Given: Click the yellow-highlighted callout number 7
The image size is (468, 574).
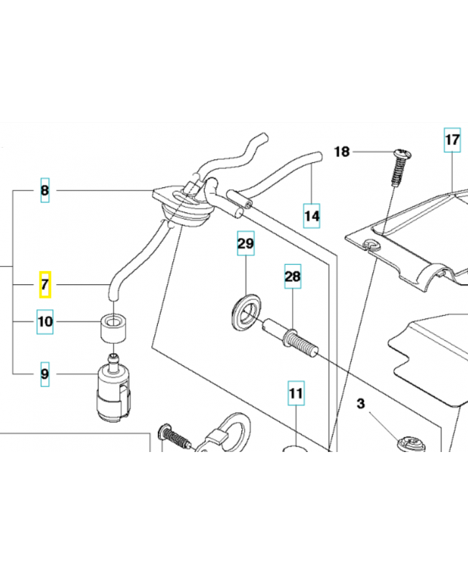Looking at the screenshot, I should coord(45,286).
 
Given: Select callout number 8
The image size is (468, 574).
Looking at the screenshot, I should coord(45,191).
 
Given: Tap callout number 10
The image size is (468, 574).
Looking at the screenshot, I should coord(45,322).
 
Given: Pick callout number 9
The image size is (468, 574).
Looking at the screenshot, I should coord(45,373).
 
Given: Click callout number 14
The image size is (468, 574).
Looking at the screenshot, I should coord(311,215).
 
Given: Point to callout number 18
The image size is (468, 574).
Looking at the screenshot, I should coord(342,152).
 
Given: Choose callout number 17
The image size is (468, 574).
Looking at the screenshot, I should coord(451,140).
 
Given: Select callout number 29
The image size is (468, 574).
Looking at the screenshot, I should coord(245,245).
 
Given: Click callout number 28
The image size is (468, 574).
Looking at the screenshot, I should coord(292,276).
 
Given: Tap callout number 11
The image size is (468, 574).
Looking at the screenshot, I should coord(296,393).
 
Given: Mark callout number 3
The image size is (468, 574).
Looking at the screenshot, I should coord(361,405).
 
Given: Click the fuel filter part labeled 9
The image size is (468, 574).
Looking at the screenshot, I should coord(113,391).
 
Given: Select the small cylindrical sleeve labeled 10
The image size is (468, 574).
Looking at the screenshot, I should coord(113,326).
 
